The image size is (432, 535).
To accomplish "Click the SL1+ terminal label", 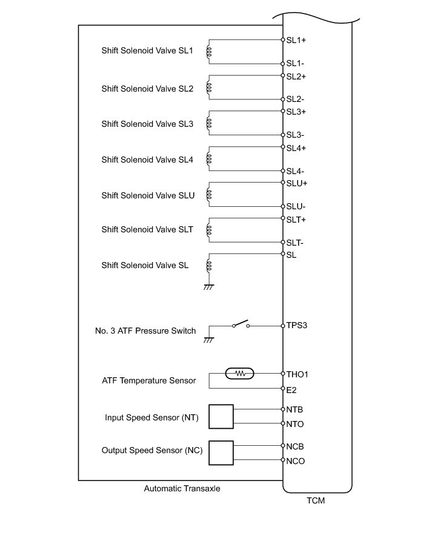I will click(x=296, y=40).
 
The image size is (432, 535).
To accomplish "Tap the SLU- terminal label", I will click(x=296, y=207).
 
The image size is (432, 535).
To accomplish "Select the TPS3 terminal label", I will click(x=297, y=325).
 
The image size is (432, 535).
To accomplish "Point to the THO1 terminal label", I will click(x=298, y=374).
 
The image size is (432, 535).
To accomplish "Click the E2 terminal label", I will click(x=292, y=389).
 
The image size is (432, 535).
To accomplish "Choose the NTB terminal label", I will click(x=295, y=410).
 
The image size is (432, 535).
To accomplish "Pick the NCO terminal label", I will click(x=296, y=461).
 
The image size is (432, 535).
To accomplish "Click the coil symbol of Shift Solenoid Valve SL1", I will click(x=209, y=52).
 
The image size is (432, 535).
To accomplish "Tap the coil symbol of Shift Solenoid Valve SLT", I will click(x=209, y=230).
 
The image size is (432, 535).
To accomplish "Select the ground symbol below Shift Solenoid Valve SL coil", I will click(x=208, y=286).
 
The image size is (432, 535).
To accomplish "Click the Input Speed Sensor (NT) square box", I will click(x=221, y=417).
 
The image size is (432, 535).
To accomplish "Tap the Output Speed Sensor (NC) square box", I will click(x=221, y=453).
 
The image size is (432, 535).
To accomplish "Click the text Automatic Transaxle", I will click(x=182, y=488).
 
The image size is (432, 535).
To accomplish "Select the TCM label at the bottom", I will click(x=317, y=502).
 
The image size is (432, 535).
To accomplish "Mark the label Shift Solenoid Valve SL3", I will click(x=147, y=124).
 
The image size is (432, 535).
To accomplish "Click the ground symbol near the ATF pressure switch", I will click(x=208, y=339).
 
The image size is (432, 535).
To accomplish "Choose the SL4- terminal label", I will click(x=296, y=171).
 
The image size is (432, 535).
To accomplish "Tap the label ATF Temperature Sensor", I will click(x=149, y=381).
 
